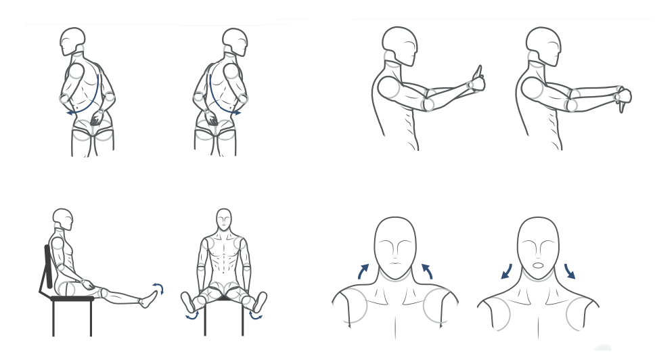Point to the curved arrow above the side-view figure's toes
[x=157, y=288]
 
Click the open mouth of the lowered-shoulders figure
[x=538, y=265]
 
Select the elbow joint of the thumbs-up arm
[x=427, y=104]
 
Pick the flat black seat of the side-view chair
[x=71, y=298]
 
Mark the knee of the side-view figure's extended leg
[x=104, y=293]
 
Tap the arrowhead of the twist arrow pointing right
[x=239, y=114]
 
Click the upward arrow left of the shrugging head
[x=363, y=270]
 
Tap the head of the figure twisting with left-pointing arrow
[x=71, y=42]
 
